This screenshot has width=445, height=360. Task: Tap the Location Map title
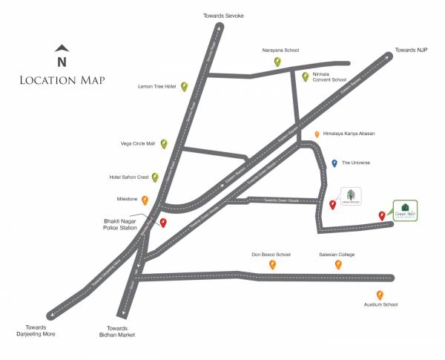pos(62,79)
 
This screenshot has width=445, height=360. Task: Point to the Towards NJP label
pos(413,50)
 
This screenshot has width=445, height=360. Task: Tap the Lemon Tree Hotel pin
pos(183,87)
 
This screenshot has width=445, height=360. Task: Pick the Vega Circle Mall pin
pos(164,143)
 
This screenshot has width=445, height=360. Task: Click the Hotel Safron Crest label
pos(130,177)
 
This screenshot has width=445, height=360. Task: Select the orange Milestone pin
pos(145,200)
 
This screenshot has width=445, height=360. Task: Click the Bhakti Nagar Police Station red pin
pos(163,223)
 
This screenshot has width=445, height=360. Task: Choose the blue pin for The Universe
pos(334,163)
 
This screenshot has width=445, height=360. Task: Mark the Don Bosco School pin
pos(272,264)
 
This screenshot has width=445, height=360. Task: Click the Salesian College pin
pos(338,264)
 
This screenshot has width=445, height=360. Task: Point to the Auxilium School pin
pos(380,295)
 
